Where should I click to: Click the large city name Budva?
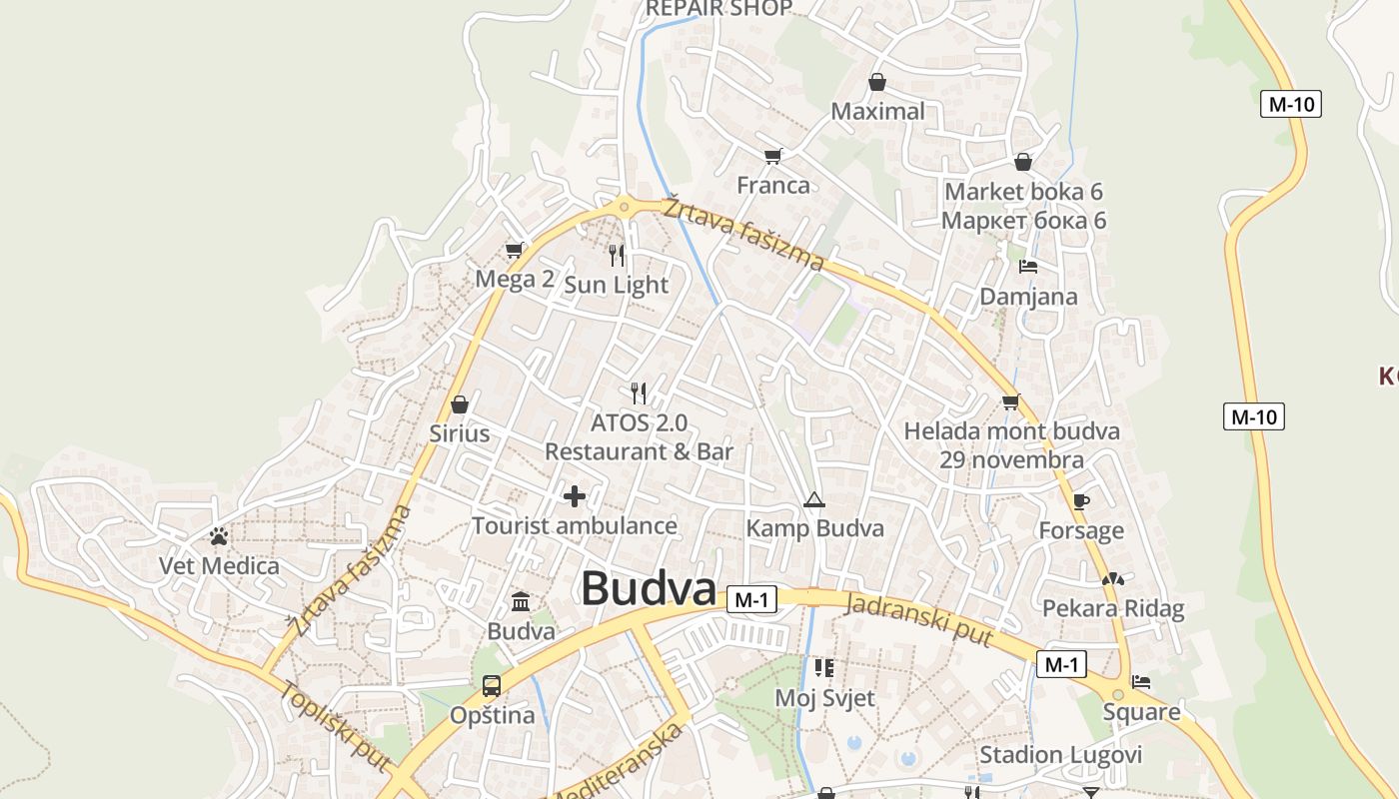pyautogui.click(x=649, y=588)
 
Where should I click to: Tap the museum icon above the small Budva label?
pyautogui.click(x=521, y=601)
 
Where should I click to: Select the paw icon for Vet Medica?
pyautogui.click(x=219, y=536)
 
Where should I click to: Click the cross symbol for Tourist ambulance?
pyautogui.click(x=575, y=495)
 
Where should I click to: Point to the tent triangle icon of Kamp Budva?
pyautogui.click(x=813, y=499)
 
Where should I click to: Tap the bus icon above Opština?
pyautogui.click(x=492, y=686)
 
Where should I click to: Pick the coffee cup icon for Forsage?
pyautogui.click(x=1080, y=501)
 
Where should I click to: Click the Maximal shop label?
pyautogui.click(x=877, y=111)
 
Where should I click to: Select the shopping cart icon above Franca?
pyautogui.click(x=772, y=156)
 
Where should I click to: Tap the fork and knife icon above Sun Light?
pyautogui.click(x=617, y=256)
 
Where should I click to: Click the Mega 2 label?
pyautogui.click(x=514, y=279)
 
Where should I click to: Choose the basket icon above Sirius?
pyautogui.click(x=460, y=404)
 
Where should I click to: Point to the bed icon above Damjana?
pyautogui.click(x=1028, y=267)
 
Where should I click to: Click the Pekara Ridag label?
pyautogui.click(x=1112, y=608)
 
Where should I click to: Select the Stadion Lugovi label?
pyautogui.click(x=1060, y=754)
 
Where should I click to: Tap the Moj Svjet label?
pyautogui.click(x=824, y=697)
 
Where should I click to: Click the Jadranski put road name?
pyautogui.click(x=918, y=619)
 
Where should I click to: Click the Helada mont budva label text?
pyautogui.click(x=1011, y=431)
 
